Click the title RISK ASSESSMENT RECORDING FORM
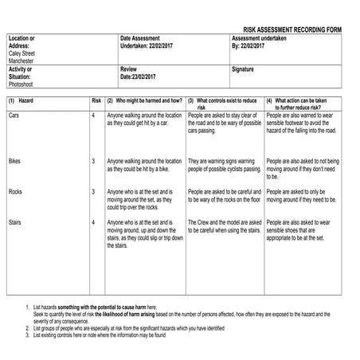click(x=292, y=28)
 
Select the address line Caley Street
click(x=23, y=53)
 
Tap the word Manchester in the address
click(x=23, y=61)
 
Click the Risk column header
click(x=96, y=102)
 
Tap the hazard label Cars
click(x=14, y=116)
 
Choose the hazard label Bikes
click(x=15, y=162)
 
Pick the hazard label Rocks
click(x=15, y=192)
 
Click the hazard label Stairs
click(x=16, y=221)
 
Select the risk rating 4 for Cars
click(x=93, y=116)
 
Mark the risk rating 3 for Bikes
click(x=93, y=162)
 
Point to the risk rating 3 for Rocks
click(x=93, y=192)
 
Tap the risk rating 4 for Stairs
click(x=93, y=221)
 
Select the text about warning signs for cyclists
click(x=224, y=166)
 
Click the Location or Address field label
click(x=22, y=41)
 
